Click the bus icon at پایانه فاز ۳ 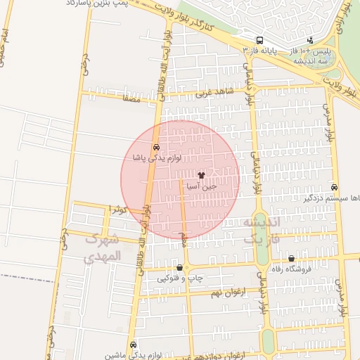[x=260, y=40]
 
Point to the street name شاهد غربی [x=213, y=92]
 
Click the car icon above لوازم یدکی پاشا [x=156, y=147]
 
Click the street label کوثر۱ [x=118, y=209]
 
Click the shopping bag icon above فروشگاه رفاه [x=291, y=259]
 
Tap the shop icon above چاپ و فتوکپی [x=180, y=267]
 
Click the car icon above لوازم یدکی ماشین [x=134, y=345]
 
